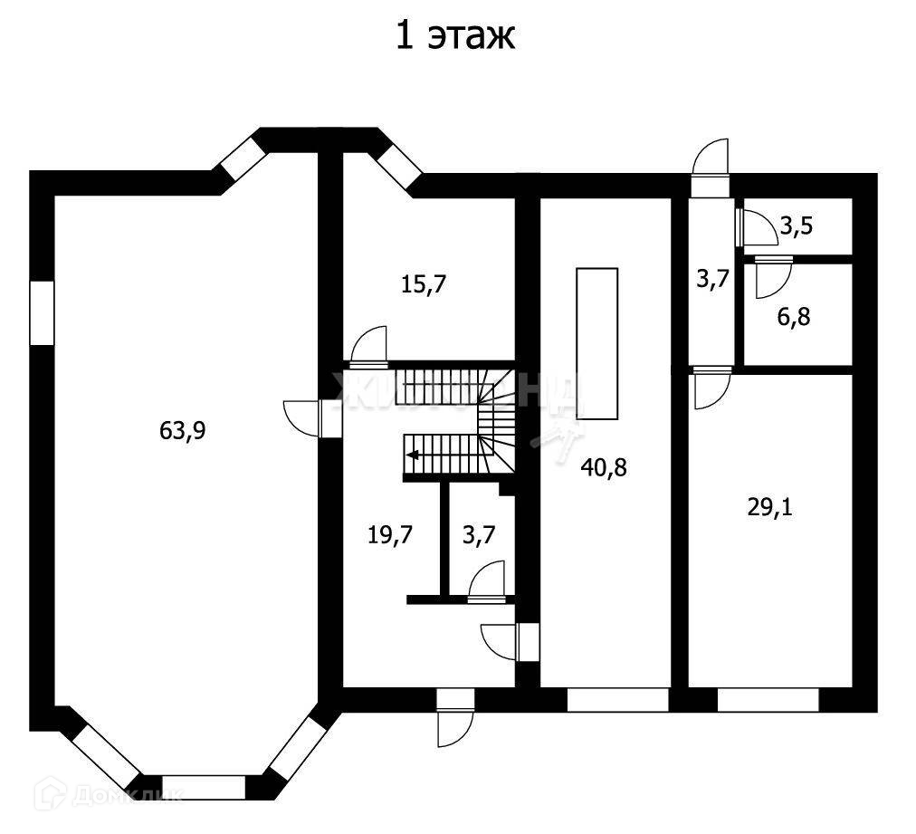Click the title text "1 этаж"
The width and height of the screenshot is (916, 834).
(x=455, y=37)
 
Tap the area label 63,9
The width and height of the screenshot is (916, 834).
(x=183, y=431)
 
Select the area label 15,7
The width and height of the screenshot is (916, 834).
(x=425, y=284)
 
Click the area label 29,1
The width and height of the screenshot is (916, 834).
(x=769, y=507)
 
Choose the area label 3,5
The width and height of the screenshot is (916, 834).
(x=796, y=226)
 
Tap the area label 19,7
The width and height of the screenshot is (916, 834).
(x=390, y=535)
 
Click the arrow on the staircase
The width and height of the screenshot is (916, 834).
(x=412, y=455)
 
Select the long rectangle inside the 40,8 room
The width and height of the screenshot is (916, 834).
(x=597, y=343)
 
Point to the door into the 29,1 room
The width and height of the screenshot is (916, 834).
(x=711, y=388)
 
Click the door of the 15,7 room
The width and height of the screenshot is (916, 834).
(x=369, y=347)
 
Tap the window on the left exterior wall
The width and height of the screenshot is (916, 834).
(x=42, y=312)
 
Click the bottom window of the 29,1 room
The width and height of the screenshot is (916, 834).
(x=768, y=700)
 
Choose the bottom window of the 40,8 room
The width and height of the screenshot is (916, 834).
(x=617, y=700)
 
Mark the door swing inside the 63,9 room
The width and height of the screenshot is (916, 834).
(x=302, y=417)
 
